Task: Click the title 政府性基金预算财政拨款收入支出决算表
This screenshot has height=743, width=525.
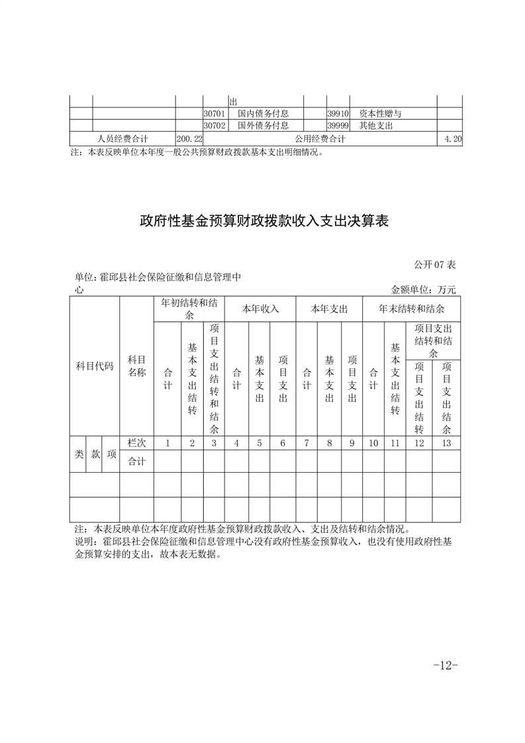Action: coord(263,221)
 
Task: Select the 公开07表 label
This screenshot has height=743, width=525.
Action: coord(435,265)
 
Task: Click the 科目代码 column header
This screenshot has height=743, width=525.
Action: coord(94,366)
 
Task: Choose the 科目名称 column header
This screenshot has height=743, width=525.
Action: coord(136,366)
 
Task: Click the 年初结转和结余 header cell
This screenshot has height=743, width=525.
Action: coord(189,309)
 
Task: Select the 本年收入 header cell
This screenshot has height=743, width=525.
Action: coord(260,309)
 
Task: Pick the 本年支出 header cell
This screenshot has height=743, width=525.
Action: coord(329,309)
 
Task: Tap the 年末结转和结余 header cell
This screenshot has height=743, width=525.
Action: coord(411,309)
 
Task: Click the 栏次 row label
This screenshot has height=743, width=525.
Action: coord(136,443)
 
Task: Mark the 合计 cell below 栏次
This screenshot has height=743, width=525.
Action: coord(136,462)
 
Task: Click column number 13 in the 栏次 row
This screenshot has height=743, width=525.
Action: coord(446,443)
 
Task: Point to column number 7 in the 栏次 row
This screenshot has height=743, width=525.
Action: coord(306,443)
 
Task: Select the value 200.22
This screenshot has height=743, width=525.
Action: coord(189,138)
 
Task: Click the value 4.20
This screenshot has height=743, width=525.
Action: coord(453,138)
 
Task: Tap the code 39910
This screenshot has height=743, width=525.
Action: coord(338,114)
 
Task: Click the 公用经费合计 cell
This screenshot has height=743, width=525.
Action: coord(320,138)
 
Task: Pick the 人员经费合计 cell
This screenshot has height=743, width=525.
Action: coord(122,138)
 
